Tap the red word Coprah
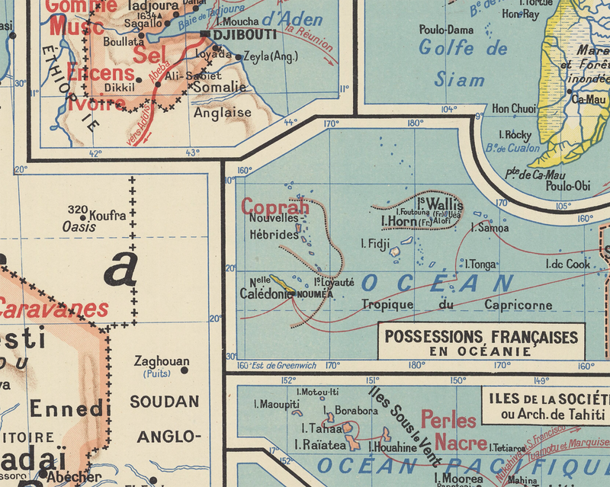pos(275,207)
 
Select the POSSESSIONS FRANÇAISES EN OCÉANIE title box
pos(481,342)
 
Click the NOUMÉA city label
pos(315,293)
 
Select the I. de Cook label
pos(567,264)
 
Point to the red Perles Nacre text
pos(449,431)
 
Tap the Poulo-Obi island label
pos(569,185)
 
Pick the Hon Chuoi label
pos(514,109)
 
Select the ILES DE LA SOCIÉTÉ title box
pos(544,406)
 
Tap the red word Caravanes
pos(53,309)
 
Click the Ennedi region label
pos(65,408)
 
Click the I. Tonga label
pos(480,264)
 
